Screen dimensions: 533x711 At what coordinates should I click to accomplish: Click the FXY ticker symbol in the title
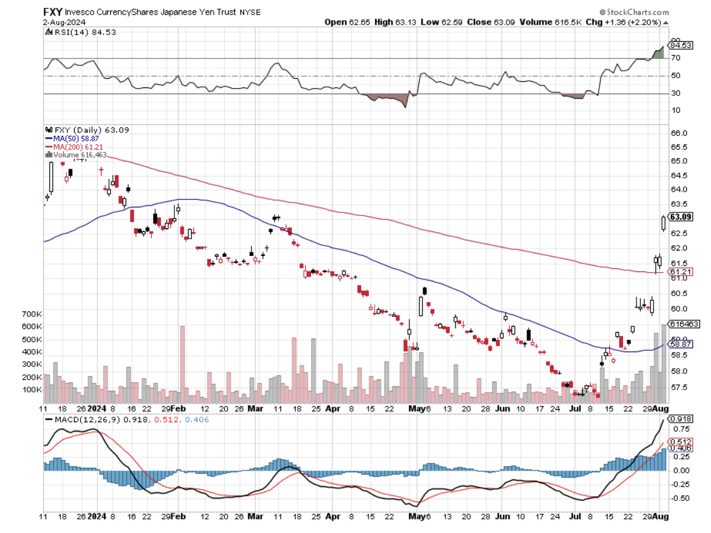click(52, 12)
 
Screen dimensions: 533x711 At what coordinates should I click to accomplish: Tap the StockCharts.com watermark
click(637, 12)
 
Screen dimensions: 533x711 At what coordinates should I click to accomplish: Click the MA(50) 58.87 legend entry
click(77, 139)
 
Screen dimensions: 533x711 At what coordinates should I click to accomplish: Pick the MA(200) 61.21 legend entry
click(78, 147)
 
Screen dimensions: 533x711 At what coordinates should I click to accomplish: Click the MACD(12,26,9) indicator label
click(81, 420)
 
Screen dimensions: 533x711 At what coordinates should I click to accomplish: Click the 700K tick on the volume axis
click(33, 315)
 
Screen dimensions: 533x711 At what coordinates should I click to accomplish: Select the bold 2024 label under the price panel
click(97, 408)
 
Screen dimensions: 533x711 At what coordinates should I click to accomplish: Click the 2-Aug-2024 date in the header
click(65, 22)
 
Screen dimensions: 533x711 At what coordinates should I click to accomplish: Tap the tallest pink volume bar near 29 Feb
click(182, 363)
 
